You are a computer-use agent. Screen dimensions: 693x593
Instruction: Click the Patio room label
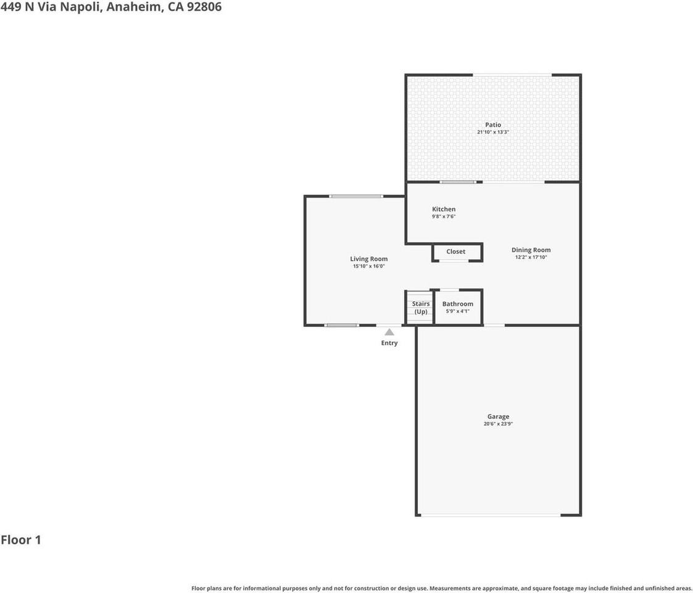click(x=493, y=125)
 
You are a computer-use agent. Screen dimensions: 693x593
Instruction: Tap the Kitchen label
click(x=444, y=209)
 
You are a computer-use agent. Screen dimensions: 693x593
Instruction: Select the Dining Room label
click(x=531, y=250)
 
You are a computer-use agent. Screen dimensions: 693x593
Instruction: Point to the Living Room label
click(x=368, y=259)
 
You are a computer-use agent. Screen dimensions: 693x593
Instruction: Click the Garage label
click(x=498, y=416)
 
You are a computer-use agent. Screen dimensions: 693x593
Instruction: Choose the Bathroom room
click(x=458, y=307)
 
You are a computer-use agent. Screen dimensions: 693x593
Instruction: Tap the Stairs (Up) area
click(x=420, y=308)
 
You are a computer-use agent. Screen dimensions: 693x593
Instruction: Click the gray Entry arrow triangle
click(x=389, y=332)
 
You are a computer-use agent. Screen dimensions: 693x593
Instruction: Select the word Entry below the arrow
click(x=389, y=343)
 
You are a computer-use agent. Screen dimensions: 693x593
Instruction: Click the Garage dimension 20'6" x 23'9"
click(x=498, y=424)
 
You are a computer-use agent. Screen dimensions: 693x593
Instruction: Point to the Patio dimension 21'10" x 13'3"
click(x=493, y=132)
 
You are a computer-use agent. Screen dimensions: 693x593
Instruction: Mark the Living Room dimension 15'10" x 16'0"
click(x=368, y=266)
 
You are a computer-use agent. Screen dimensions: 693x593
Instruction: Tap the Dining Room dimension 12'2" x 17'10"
click(x=531, y=257)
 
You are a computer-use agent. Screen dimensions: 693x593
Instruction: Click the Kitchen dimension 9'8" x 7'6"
click(x=444, y=216)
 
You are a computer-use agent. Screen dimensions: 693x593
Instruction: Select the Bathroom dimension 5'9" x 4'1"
click(x=458, y=311)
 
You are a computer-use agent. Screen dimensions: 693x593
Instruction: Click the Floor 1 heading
click(x=21, y=540)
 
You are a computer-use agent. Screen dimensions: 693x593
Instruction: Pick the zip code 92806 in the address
click(x=204, y=7)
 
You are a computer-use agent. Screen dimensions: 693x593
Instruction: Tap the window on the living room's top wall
click(x=356, y=196)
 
